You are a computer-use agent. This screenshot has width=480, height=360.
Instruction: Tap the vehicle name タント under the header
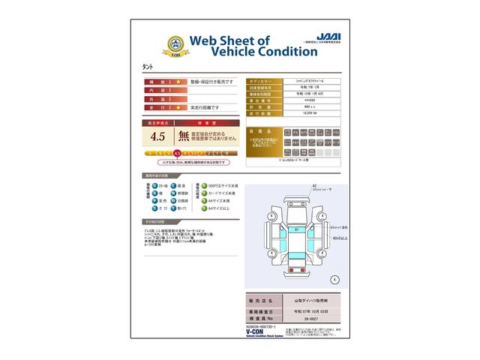pyautogui.click(x=151, y=68)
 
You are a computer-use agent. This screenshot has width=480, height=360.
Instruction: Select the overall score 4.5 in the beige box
pyautogui.click(x=157, y=136)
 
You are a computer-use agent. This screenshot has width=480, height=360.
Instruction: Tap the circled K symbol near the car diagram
pyautogui.click(x=335, y=279)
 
